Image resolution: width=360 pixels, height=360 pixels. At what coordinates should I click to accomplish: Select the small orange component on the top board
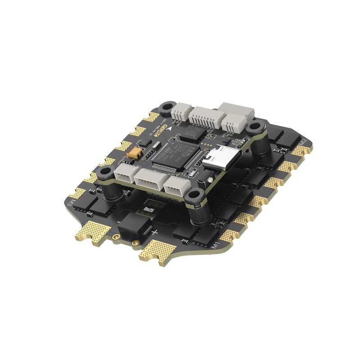pos(133,153)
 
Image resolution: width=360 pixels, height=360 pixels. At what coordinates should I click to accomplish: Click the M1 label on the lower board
pos(215,247)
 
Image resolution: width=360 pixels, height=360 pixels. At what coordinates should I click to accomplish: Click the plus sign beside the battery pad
pos(154,233)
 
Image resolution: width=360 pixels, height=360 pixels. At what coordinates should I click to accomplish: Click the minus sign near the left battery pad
pos(118,221)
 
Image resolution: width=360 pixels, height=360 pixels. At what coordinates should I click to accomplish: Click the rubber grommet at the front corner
pos(194,196)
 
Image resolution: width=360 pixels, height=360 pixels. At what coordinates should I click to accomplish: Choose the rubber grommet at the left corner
pos(107,171)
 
